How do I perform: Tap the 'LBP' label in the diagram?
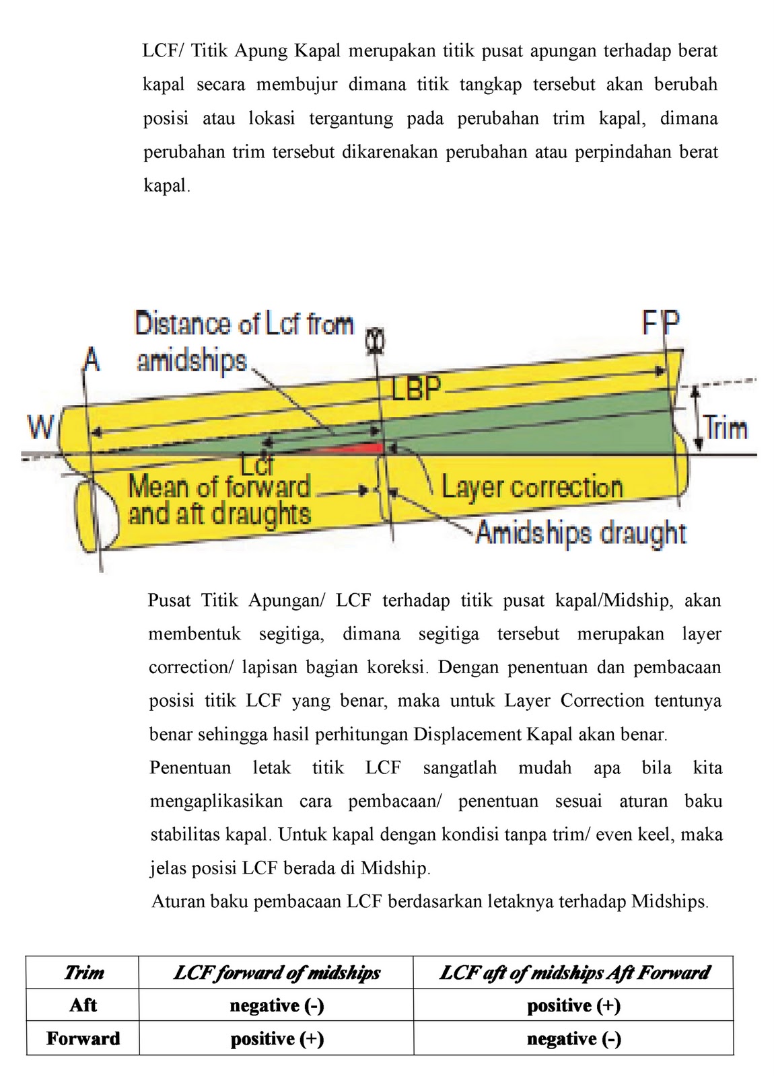point(416,389)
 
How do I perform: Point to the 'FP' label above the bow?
point(661,324)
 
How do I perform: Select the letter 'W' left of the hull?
point(40,426)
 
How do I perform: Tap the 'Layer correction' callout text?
point(532,487)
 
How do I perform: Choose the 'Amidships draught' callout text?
point(581,533)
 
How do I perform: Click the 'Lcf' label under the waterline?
point(258,464)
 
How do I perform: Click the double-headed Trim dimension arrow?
point(698,418)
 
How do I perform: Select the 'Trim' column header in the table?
point(83,972)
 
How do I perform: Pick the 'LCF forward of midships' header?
point(277,972)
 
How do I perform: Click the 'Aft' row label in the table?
point(83,1005)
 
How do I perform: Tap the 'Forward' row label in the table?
point(83,1038)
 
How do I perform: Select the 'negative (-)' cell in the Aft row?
point(277,1005)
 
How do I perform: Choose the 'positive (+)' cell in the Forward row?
point(277,1039)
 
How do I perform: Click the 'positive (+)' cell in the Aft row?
point(573,1005)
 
